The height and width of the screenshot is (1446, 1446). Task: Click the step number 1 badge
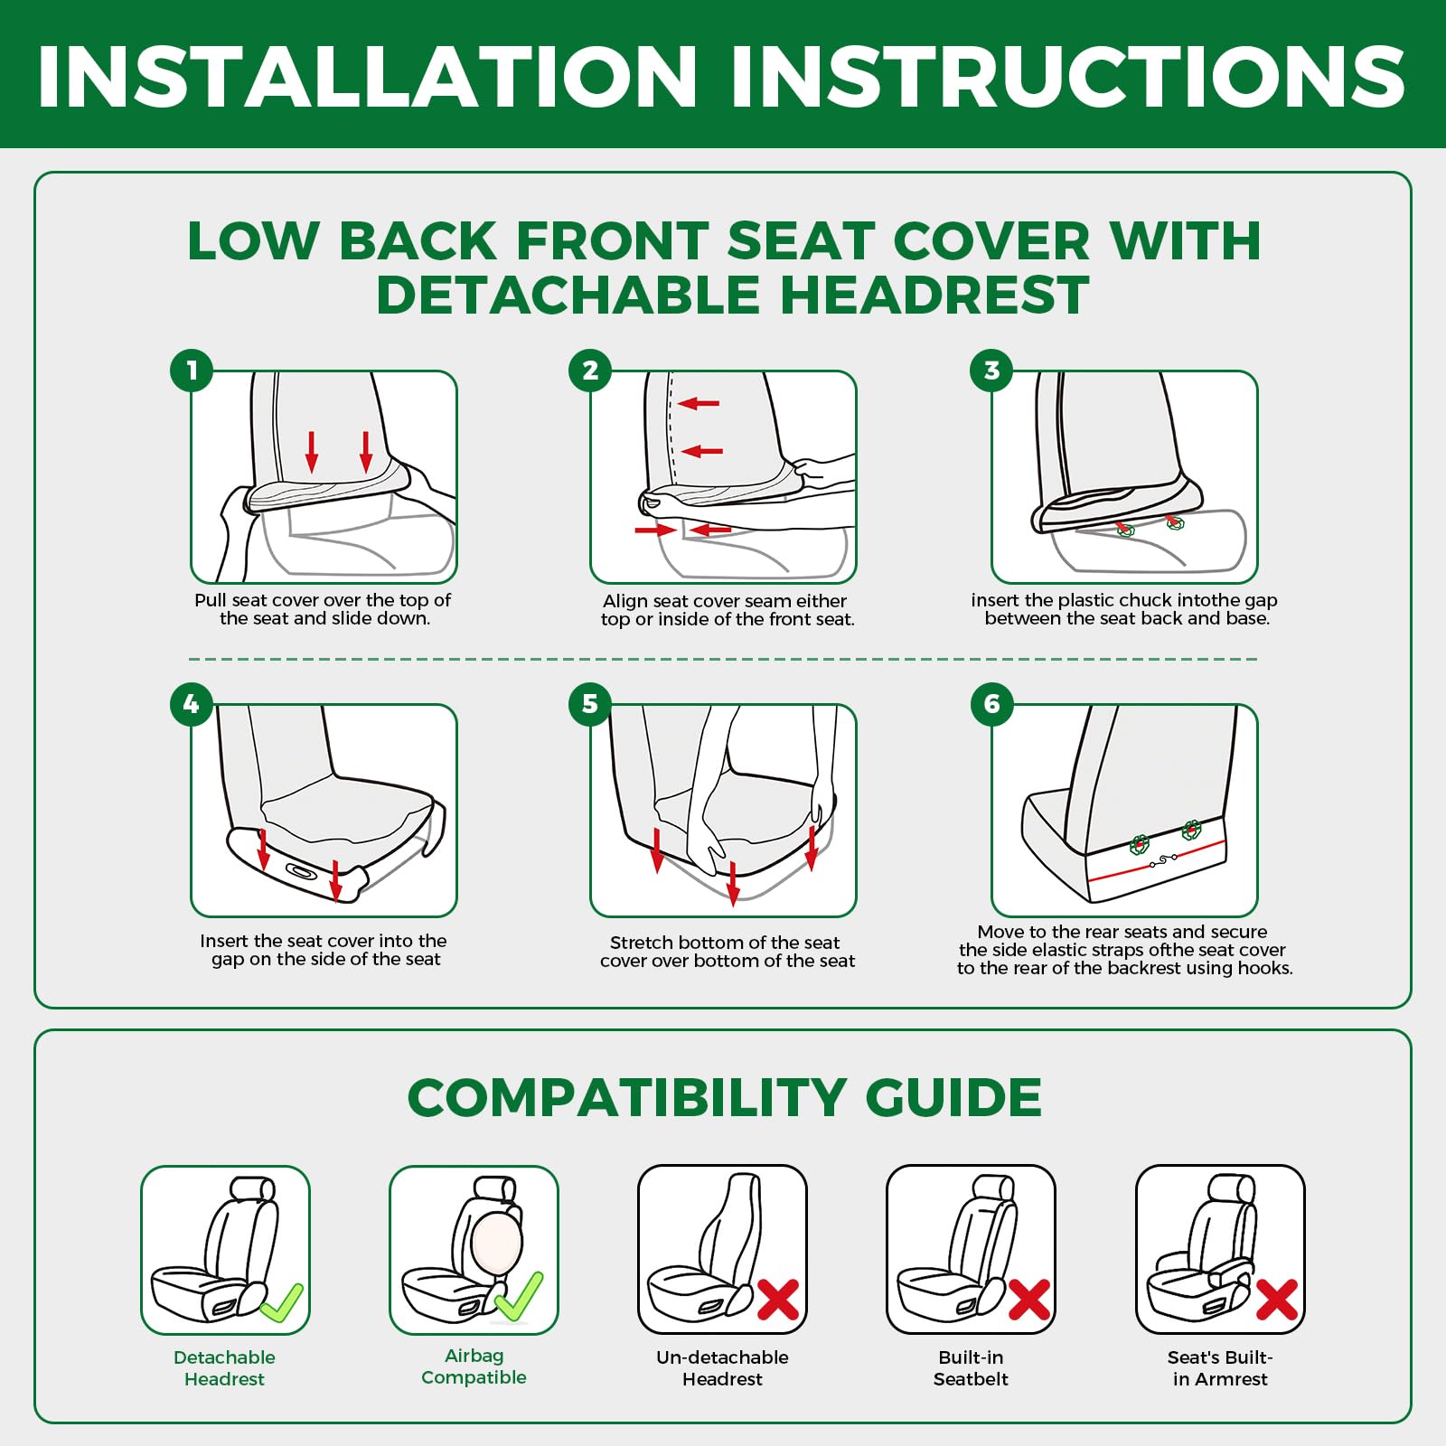coord(192,371)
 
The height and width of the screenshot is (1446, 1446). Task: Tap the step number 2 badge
coord(590,371)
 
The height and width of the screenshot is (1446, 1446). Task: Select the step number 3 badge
coord(991,371)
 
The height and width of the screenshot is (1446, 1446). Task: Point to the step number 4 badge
coord(192,704)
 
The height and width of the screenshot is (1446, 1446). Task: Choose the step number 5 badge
coord(590,704)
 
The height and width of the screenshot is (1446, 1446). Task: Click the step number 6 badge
coord(991,704)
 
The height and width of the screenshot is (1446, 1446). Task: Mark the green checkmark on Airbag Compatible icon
coord(519,1296)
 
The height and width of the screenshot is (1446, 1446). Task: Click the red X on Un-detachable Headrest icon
coord(778,1300)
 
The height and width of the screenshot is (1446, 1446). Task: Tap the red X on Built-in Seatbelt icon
coord(1028,1300)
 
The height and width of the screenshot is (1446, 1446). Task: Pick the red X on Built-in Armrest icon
coord(1277,1300)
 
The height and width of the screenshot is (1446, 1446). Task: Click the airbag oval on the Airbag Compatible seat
coord(496,1243)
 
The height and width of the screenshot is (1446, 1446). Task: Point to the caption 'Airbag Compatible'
coord(474,1366)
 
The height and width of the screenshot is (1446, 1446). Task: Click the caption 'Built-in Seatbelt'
coord(971,1368)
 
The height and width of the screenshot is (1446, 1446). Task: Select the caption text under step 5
coord(728,952)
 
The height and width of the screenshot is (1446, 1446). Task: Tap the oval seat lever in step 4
coord(301,871)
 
